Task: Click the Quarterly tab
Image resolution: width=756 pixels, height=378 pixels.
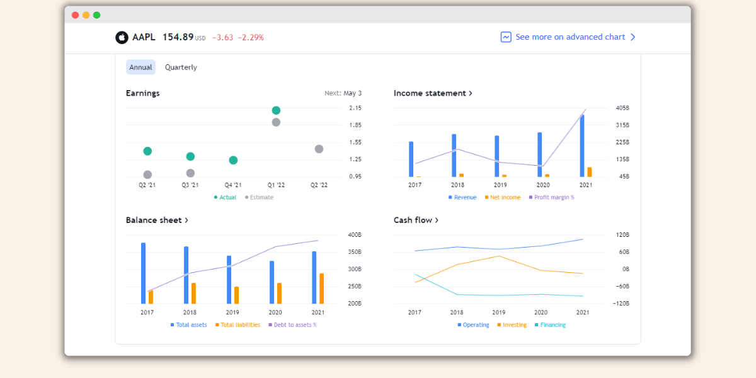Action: tap(181, 67)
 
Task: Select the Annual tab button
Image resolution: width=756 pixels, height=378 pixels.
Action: tap(140, 67)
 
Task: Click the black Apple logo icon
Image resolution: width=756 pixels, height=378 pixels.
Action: tap(122, 38)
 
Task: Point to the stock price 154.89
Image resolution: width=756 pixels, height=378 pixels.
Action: tap(178, 37)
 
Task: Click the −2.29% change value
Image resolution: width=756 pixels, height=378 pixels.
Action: tap(251, 38)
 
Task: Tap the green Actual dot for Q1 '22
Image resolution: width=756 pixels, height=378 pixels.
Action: tap(276, 110)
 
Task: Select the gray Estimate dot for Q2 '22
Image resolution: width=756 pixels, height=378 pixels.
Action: tap(319, 149)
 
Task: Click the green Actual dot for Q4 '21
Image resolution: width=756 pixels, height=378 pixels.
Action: tap(233, 160)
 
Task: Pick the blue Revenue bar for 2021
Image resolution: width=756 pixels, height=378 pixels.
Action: tap(582, 146)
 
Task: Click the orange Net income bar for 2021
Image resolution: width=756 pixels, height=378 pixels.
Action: tap(590, 172)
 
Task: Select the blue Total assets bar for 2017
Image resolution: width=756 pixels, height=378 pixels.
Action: tap(144, 273)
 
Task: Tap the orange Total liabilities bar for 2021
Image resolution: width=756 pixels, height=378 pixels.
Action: tap(322, 288)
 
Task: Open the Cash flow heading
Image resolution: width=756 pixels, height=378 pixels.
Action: tap(416, 220)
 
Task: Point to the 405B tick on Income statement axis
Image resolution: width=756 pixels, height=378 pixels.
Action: tap(622, 108)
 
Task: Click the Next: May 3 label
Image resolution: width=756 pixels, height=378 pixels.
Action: tap(343, 93)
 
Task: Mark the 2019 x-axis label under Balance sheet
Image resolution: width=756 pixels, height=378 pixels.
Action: tap(232, 312)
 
